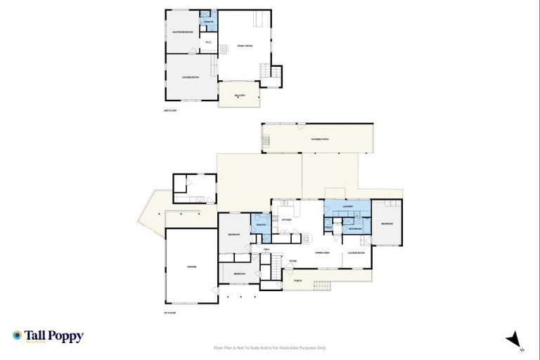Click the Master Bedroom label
(x=183, y=32)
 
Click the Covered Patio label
(x=320, y=140)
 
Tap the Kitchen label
(x=286, y=220)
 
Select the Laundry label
(x=346, y=207)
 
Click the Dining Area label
(x=323, y=252)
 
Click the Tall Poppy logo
(x=48, y=336)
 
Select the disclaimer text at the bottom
(x=270, y=347)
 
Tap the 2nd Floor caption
(x=169, y=110)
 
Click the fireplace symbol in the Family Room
(x=225, y=49)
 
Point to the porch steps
(x=322, y=285)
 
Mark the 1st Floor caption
(x=169, y=312)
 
